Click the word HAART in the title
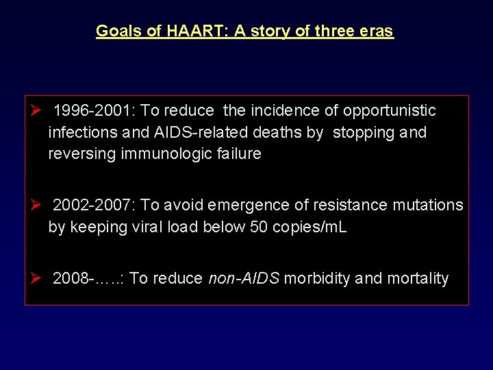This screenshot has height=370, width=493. [x=190, y=31]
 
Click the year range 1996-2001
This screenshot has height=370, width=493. [x=94, y=111]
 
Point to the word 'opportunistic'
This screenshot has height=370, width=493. [x=389, y=111]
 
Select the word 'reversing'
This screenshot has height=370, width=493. [x=82, y=153]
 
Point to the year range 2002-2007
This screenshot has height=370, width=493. [x=94, y=205]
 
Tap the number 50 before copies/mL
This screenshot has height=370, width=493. [x=259, y=227]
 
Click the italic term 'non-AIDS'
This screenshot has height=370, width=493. [x=243, y=278]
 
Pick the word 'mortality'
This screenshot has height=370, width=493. [x=418, y=278]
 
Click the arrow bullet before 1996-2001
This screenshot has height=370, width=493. [x=38, y=111]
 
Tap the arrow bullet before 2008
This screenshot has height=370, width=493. [x=38, y=278]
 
